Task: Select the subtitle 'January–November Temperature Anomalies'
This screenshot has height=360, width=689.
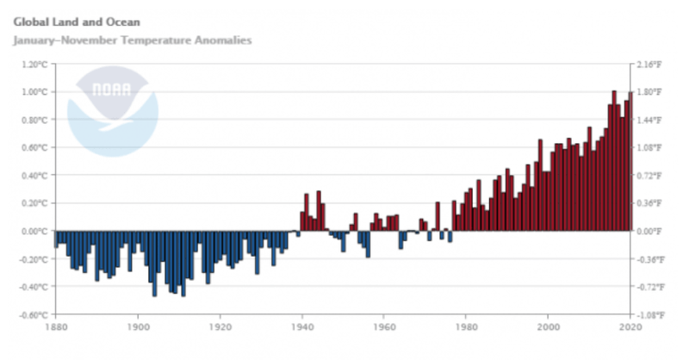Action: (x=133, y=40)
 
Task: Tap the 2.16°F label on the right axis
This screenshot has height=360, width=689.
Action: (x=648, y=65)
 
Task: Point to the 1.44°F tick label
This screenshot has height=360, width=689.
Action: (x=648, y=120)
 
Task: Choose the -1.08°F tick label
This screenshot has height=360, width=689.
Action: (x=647, y=314)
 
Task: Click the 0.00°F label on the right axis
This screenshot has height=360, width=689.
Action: (x=648, y=231)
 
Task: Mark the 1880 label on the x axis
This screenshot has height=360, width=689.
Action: (x=55, y=327)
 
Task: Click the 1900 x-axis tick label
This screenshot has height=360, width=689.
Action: (x=138, y=327)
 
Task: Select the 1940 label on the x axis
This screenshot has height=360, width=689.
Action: (x=301, y=327)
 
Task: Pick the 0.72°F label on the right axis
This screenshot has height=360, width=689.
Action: (x=648, y=176)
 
